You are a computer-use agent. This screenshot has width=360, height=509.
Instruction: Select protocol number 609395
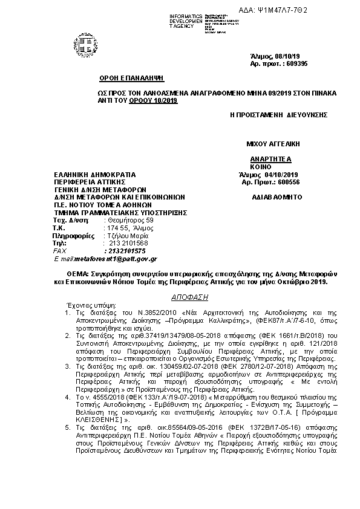click(x=287, y=63)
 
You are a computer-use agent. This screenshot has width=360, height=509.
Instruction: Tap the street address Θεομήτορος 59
click(x=130, y=221)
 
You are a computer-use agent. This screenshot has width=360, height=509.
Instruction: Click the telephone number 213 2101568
click(x=129, y=242)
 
